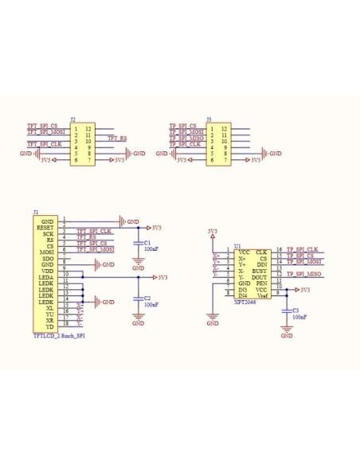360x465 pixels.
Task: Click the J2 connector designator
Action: [x=73, y=119]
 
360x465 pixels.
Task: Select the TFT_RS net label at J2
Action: [x=117, y=139]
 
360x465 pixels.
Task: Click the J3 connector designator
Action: [x=209, y=119]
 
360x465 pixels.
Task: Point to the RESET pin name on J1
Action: [x=45, y=228]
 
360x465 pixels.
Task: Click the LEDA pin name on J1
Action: [x=45, y=277]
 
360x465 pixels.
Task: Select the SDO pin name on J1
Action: [x=48, y=259]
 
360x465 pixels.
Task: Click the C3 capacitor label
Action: [x=296, y=310]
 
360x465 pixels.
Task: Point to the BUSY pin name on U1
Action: [x=259, y=272]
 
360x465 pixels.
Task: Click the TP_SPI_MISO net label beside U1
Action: [x=303, y=275]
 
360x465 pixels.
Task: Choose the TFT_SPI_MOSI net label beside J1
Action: [x=95, y=249]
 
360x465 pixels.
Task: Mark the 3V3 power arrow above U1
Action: [x=211, y=231]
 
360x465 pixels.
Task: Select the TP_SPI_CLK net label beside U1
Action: [x=302, y=250]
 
